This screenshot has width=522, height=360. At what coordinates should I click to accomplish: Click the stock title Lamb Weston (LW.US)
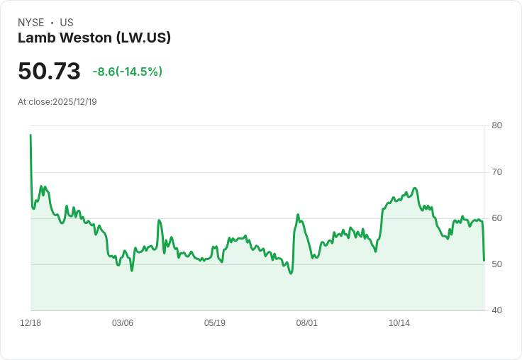(94, 38)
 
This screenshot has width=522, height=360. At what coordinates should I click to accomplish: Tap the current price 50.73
(49, 72)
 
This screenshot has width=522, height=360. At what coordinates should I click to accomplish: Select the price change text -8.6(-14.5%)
(128, 72)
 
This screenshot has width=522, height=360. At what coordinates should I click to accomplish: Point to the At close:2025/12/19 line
(57, 102)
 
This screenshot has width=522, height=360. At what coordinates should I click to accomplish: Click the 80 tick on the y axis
(496, 125)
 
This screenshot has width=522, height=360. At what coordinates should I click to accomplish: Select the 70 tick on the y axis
(496, 172)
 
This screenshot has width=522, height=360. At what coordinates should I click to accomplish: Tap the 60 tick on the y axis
(496, 218)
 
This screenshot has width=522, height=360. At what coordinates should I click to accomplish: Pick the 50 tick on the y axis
(496, 264)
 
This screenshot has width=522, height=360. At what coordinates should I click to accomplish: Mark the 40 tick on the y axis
(496, 310)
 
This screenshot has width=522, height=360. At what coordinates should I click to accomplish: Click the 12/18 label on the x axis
(30, 323)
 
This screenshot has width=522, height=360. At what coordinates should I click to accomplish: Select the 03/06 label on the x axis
(123, 323)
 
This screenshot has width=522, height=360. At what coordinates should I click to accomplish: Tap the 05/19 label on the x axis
(215, 323)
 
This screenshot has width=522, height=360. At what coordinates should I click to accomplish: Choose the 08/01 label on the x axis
(307, 323)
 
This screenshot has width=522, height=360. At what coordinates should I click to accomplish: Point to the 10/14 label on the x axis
(399, 323)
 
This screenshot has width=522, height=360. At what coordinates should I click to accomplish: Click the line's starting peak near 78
(30, 135)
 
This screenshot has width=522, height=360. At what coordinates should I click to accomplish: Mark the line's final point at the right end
(484, 260)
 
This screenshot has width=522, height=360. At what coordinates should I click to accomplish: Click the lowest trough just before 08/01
(291, 274)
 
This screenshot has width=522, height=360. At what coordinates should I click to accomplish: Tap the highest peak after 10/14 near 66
(415, 188)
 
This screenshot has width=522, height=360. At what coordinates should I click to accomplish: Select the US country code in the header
(67, 23)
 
